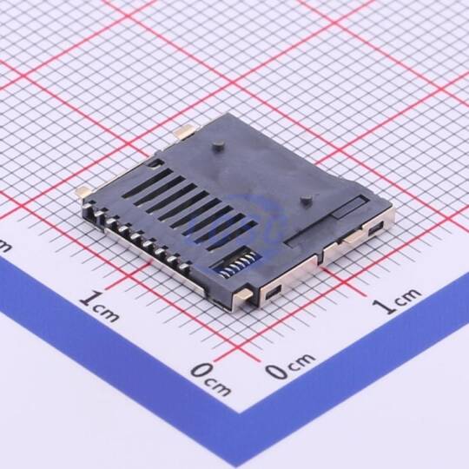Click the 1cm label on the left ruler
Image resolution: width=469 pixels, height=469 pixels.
[x=100, y=307]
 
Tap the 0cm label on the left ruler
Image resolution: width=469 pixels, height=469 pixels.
[x=211, y=379]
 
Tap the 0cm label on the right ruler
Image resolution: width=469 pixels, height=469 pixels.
[x=290, y=367]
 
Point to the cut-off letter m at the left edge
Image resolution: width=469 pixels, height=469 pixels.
[x=4, y=247]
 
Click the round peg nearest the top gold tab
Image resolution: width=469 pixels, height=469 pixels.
[x=217, y=147]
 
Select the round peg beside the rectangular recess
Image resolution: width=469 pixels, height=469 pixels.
[x=305, y=201]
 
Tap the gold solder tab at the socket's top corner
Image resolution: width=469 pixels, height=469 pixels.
[x=186, y=132]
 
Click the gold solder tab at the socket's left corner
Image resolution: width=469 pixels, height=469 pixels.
[x=83, y=191]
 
